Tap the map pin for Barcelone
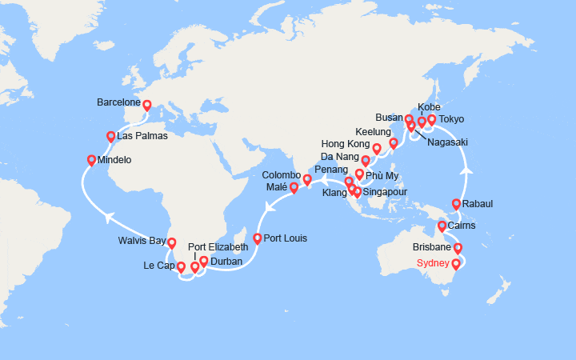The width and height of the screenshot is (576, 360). coord(147,105)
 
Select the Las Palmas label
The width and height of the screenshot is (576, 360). coord(142,136)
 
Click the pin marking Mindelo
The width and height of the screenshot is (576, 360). coord(92,159)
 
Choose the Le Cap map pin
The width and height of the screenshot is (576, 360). coord(181,268)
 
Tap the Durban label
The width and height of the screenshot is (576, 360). coord(226,261)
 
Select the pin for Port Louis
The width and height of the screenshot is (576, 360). coord(257,238)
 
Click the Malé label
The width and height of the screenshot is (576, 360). coord(276,187)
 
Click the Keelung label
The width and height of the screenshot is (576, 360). coord(373,131)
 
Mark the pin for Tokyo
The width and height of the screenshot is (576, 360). coord(432,120)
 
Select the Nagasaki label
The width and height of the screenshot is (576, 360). coord(448,142)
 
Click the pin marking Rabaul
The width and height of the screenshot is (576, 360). coord(457,204)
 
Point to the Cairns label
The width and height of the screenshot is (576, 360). coord(462,226)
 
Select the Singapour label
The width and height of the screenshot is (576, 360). coord(386,192)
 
